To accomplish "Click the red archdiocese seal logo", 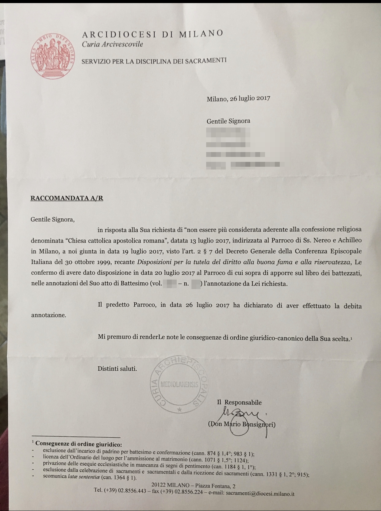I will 53,55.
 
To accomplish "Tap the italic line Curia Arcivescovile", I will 112,44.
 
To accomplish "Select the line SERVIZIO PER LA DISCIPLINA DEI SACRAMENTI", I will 154,61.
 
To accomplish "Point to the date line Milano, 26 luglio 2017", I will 238,98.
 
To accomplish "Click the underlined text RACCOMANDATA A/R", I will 67,198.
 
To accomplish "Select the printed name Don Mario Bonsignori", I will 242,425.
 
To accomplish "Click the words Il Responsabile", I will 239,402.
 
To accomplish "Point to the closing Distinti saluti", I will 117,368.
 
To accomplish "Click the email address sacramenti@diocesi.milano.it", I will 260,494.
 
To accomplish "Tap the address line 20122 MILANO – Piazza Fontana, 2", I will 193,486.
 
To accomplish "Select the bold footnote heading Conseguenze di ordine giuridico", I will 79,444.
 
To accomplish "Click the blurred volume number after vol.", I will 170,284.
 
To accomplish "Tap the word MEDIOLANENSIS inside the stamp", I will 179,384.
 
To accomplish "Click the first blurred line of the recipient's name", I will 226,132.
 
